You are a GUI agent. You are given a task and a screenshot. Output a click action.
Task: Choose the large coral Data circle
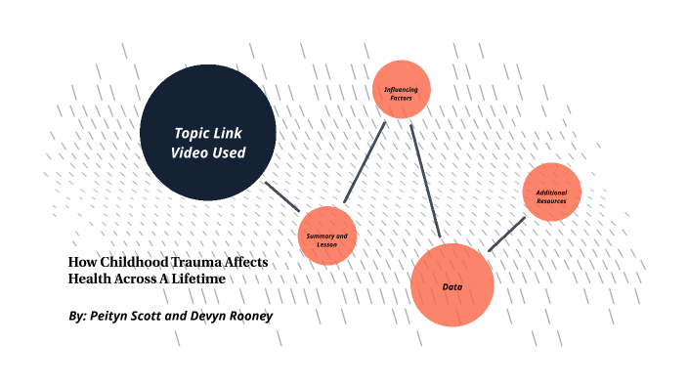[x=451, y=285]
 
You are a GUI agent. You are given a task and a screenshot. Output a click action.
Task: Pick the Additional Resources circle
[x=552, y=192]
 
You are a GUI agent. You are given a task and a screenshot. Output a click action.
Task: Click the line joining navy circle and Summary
[x=284, y=195]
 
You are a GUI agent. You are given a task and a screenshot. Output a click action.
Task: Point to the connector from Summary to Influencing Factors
[x=365, y=162]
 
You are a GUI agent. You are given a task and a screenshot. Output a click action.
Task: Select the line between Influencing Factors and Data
[x=426, y=181]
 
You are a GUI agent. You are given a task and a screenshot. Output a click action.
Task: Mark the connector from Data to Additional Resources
[x=506, y=235]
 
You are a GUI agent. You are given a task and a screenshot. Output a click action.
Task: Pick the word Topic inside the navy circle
[x=192, y=133]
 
